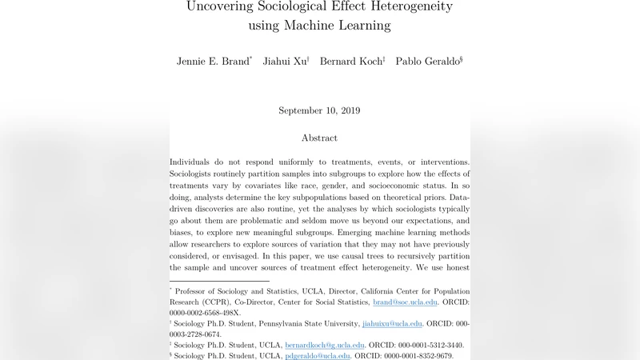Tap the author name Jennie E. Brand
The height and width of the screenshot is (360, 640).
(x=213, y=62)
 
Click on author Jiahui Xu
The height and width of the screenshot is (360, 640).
(x=285, y=62)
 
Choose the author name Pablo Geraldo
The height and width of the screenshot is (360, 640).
(x=428, y=62)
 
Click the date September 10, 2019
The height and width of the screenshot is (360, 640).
(x=319, y=110)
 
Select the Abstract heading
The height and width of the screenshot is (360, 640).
(x=319, y=138)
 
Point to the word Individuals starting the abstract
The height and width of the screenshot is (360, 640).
(x=196, y=162)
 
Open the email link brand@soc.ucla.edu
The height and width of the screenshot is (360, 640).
(x=405, y=302)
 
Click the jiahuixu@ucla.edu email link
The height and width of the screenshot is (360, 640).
(x=392, y=323)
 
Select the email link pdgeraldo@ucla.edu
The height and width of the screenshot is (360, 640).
(x=318, y=355)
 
